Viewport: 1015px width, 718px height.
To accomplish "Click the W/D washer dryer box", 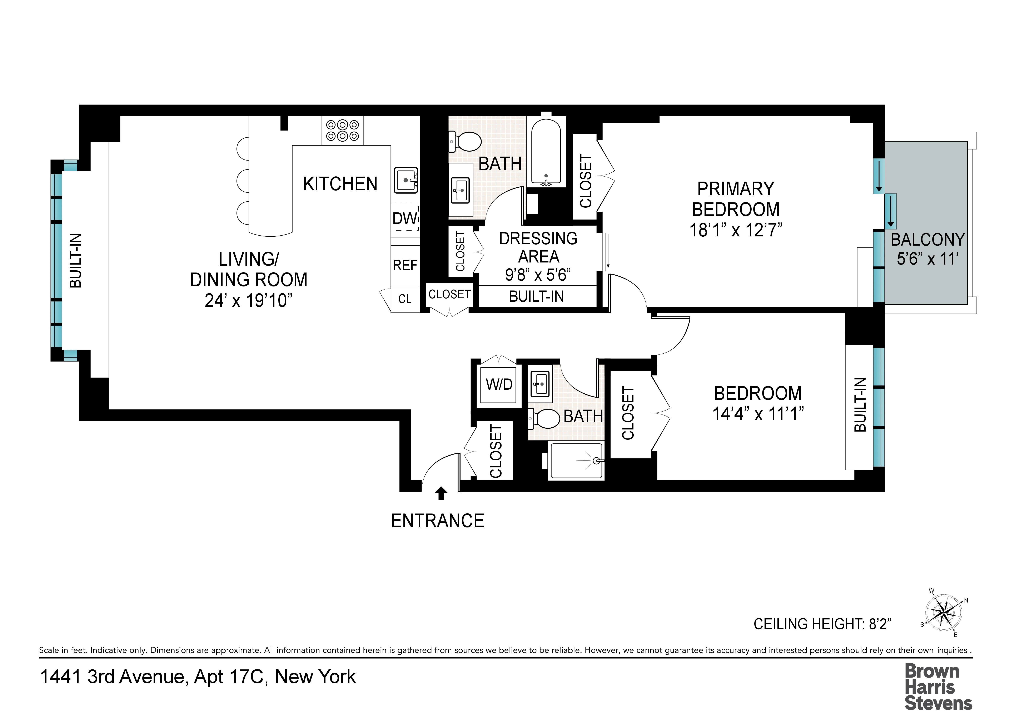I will (x=499, y=384).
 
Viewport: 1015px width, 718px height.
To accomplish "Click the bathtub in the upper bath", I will (x=546, y=153).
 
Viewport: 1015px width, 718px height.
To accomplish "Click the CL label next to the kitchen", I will (x=404, y=299).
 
